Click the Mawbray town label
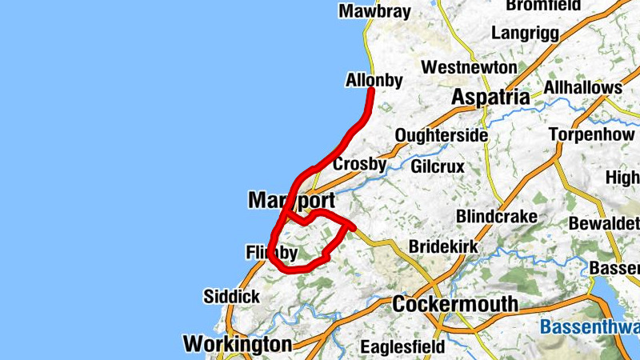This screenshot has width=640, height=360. [x=374, y=11]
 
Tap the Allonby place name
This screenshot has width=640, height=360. [x=374, y=80]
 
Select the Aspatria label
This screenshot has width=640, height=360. [x=490, y=97]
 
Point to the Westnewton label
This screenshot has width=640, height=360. [x=470, y=66]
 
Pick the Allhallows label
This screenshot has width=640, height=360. [x=582, y=86]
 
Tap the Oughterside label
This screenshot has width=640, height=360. [x=441, y=135]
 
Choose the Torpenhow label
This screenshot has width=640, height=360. [x=591, y=134]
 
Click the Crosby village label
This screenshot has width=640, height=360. [x=359, y=164]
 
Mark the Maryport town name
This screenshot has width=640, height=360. [x=291, y=200]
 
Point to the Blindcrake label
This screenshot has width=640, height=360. [x=494, y=217]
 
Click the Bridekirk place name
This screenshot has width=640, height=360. [x=443, y=247]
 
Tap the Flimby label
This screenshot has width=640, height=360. [x=271, y=254]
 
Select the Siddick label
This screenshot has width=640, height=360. [x=231, y=297]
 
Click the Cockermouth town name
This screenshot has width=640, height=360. [x=455, y=304]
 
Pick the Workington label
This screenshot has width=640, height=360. [x=238, y=344]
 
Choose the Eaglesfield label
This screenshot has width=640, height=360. [x=401, y=347]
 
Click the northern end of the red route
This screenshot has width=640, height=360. [x=372, y=90]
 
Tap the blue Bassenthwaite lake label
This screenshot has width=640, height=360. [x=590, y=326]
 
